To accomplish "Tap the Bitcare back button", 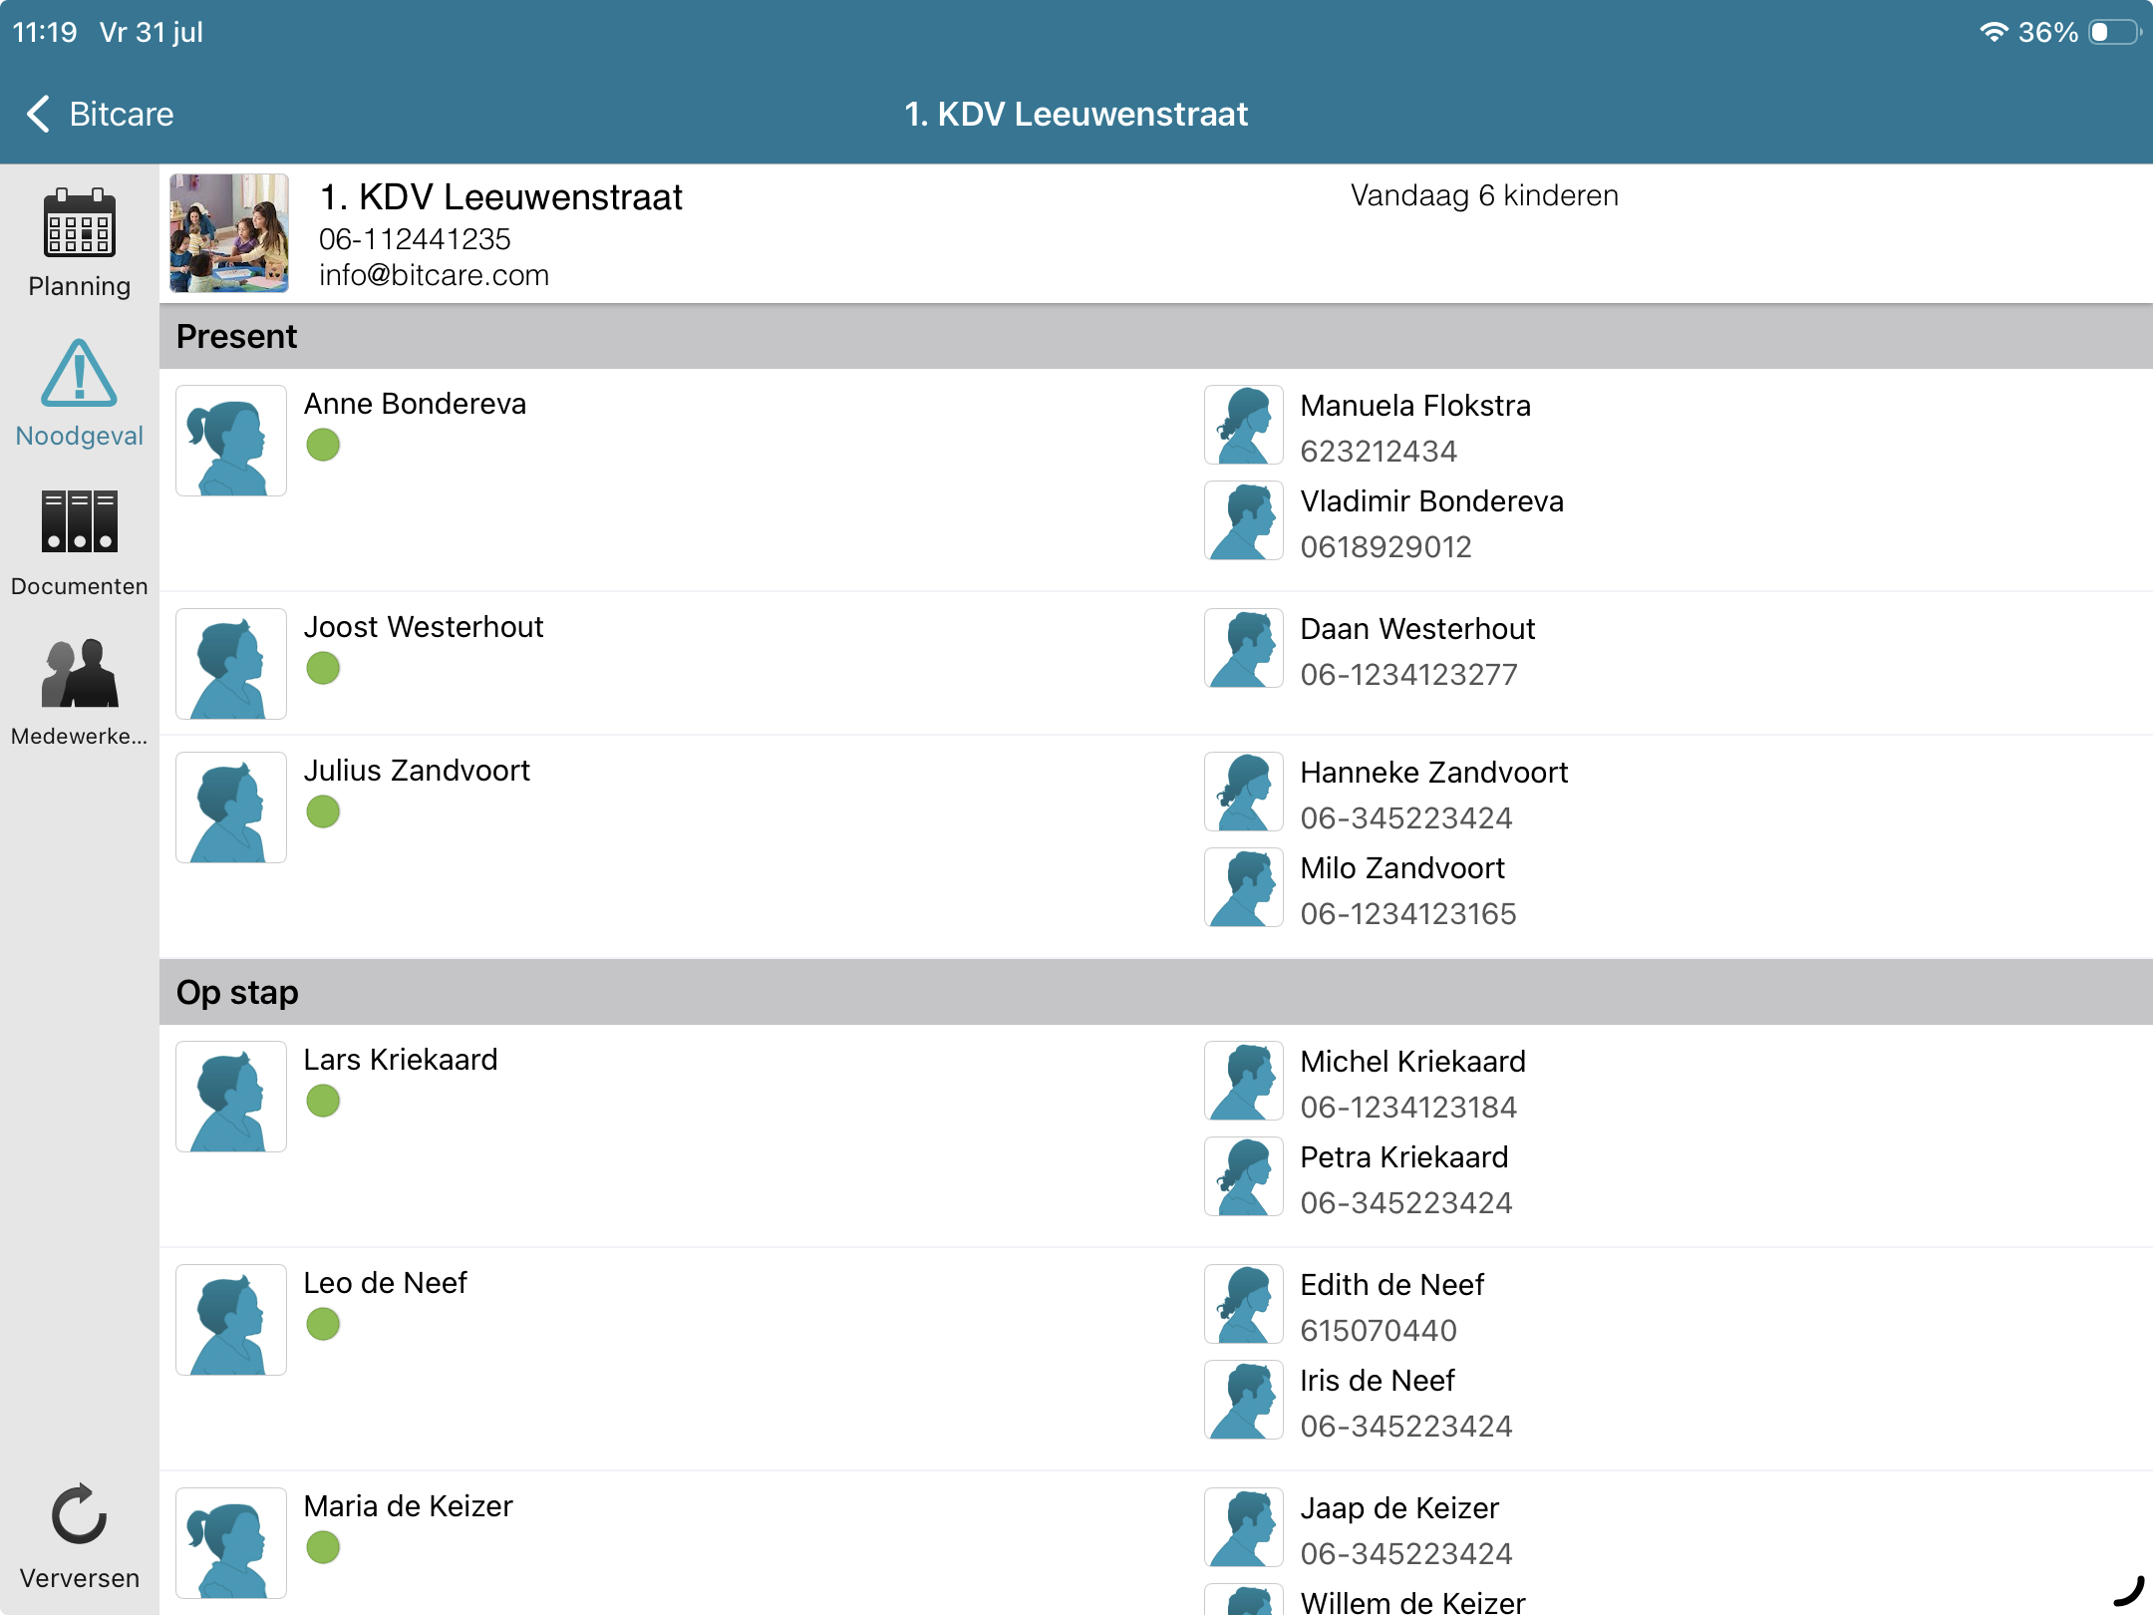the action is (x=100, y=114).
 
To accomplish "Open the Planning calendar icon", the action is (x=80, y=222).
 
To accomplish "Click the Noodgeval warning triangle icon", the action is (x=80, y=373).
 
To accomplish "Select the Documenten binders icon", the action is (x=80, y=520).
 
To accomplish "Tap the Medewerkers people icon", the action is (x=80, y=672).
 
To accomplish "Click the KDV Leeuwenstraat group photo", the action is (x=229, y=233).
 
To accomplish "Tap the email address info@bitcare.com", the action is (x=434, y=275).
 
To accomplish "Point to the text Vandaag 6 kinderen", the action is (x=1484, y=195).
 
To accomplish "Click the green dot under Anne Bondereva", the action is (x=323, y=445).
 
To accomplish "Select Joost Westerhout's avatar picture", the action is (x=231, y=664).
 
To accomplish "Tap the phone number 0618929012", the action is (x=1385, y=546).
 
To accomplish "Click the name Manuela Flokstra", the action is (x=1415, y=406).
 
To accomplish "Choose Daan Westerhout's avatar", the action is (x=1243, y=649).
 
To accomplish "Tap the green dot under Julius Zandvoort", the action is (x=323, y=811).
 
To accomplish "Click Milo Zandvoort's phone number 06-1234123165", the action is (x=1408, y=913).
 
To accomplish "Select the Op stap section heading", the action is (x=237, y=993).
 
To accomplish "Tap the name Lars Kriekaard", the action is (x=401, y=1060).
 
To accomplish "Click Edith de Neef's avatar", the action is (x=1243, y=1305).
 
